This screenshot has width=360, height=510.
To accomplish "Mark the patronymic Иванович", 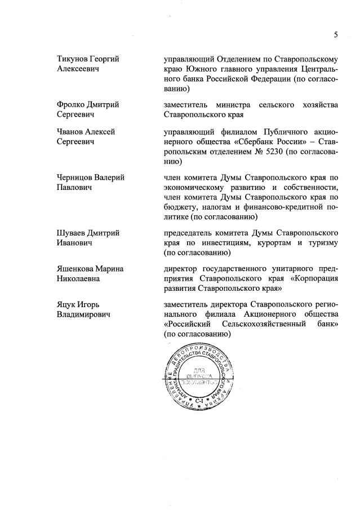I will pyautogui.click(x=76, y=242).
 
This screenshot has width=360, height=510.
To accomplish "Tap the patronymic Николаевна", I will pyautogui.click(x=79, y=279).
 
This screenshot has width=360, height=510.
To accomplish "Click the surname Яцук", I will pyautogui.click(x=68, y=306).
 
